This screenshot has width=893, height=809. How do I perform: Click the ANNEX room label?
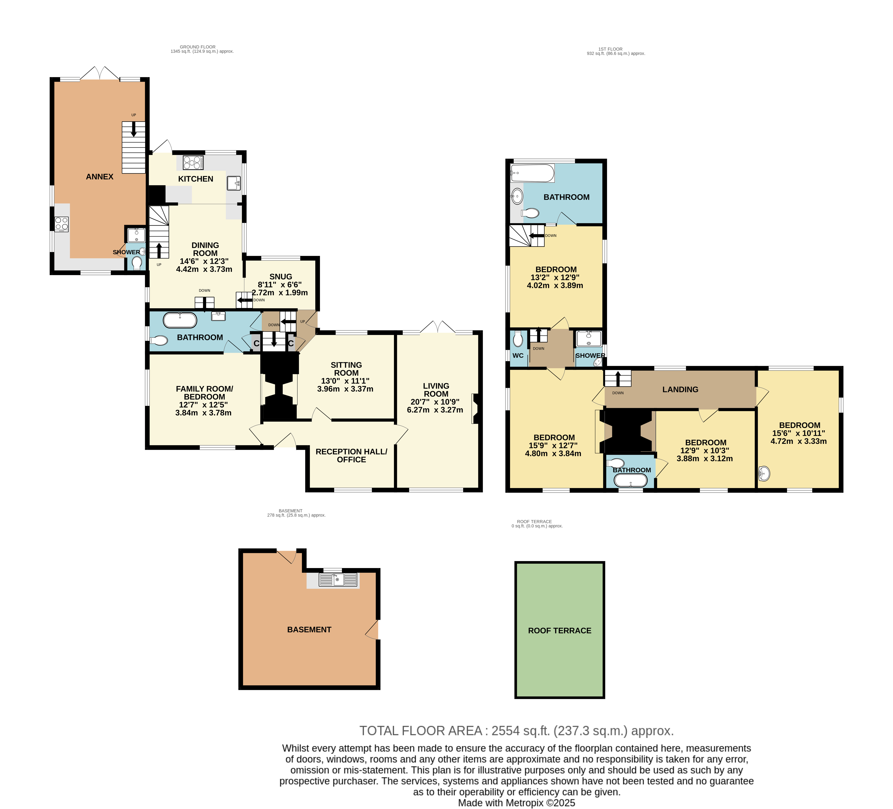tap(100, 177)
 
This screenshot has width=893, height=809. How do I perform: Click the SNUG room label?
tap(281, 277)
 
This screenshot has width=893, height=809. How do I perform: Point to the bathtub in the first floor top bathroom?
tap(532, 173)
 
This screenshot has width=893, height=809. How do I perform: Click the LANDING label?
tap(680, 389)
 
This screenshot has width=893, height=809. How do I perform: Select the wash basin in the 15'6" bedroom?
tap(765, 474)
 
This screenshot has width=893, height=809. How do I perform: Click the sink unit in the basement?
tap(338, 580)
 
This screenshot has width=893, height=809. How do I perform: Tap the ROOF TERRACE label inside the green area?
tap(560, 631)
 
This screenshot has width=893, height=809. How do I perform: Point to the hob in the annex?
tap(62, 224)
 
